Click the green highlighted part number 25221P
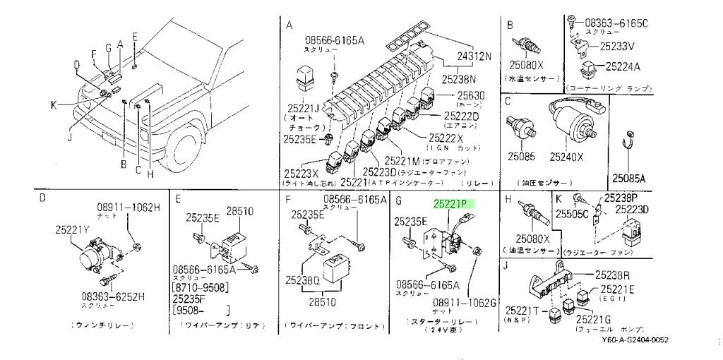pos(453,203)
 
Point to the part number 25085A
pos(630,178)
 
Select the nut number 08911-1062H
pos(129,207)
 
